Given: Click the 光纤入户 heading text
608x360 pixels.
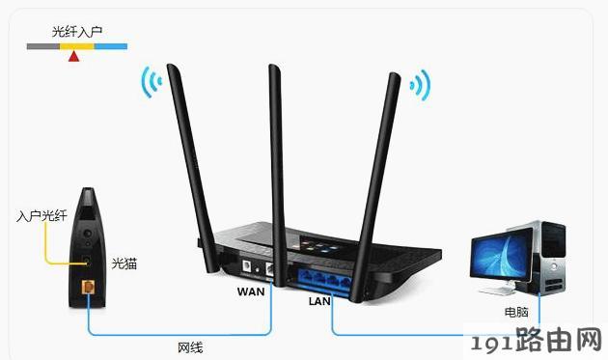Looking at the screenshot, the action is coord(77,32).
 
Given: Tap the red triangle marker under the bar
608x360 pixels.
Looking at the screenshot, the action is coord(73,57).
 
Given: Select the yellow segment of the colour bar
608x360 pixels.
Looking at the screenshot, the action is coord(77,46).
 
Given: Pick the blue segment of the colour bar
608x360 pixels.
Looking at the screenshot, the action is coord(111,46).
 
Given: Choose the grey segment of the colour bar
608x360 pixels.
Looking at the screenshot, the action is coord(43,46).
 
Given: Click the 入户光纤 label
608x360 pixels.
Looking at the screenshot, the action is coord(41,215).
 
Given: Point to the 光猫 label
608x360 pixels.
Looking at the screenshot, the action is coord(124,263).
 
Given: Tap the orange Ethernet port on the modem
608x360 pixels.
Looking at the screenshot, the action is coord(89,288).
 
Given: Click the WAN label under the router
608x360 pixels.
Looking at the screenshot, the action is coord(251,291).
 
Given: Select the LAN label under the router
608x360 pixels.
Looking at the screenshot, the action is coord(319,301).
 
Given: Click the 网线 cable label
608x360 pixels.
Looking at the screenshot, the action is coord(190,347).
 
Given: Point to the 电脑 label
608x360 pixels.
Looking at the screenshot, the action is coord(516,312).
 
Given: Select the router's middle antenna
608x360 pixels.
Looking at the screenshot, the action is coord(277,175).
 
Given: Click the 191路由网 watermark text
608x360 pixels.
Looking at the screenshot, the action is coord(536,341).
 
